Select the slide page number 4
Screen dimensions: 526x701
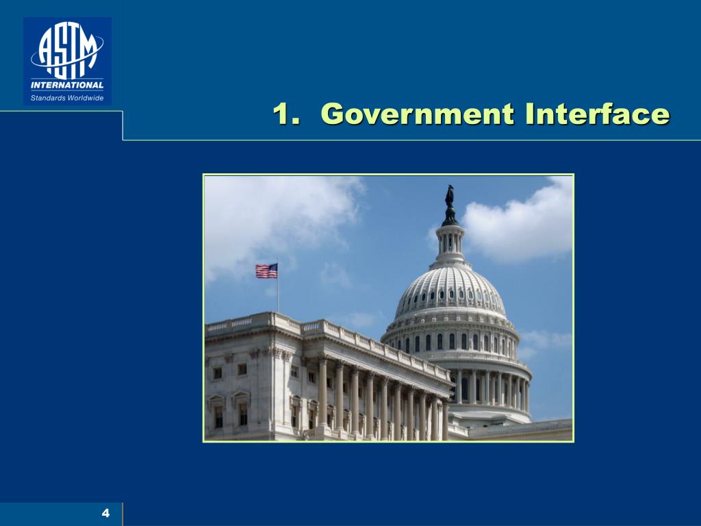point(105,513)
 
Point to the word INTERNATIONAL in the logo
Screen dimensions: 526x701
point(67,86)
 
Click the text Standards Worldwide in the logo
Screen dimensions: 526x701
point(67,97)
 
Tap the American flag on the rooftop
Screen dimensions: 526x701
point(266,271)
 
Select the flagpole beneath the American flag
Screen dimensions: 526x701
point(277,295)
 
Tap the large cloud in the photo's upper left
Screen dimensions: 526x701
point(274,212)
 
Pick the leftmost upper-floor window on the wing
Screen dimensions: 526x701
point(217,373)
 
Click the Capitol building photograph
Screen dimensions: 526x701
point(388,308)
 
